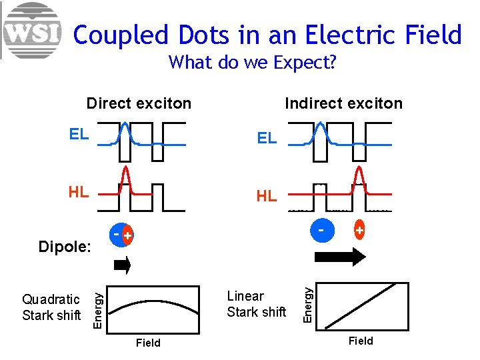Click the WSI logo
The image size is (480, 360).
click(31, 31)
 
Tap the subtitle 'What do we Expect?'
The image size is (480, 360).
click(252, 63)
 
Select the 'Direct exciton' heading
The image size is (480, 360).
click(139, 103)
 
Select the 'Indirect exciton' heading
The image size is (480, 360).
click(343, 103)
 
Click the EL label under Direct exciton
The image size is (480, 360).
click(79, 134)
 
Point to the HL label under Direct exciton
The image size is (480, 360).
click(79, 192)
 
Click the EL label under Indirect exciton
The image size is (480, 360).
click(267, 139)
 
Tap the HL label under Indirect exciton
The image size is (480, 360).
click(267, 196)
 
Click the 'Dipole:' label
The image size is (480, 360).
click(65, 247)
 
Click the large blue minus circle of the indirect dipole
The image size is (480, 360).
click(321, 231)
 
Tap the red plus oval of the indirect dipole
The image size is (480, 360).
click(359, 230)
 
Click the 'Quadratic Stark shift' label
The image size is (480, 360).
click(51, 307)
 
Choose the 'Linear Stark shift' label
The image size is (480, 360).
click(256, 304)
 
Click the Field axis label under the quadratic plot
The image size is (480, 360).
click(148, 343)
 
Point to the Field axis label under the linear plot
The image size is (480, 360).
click(361, 341)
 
